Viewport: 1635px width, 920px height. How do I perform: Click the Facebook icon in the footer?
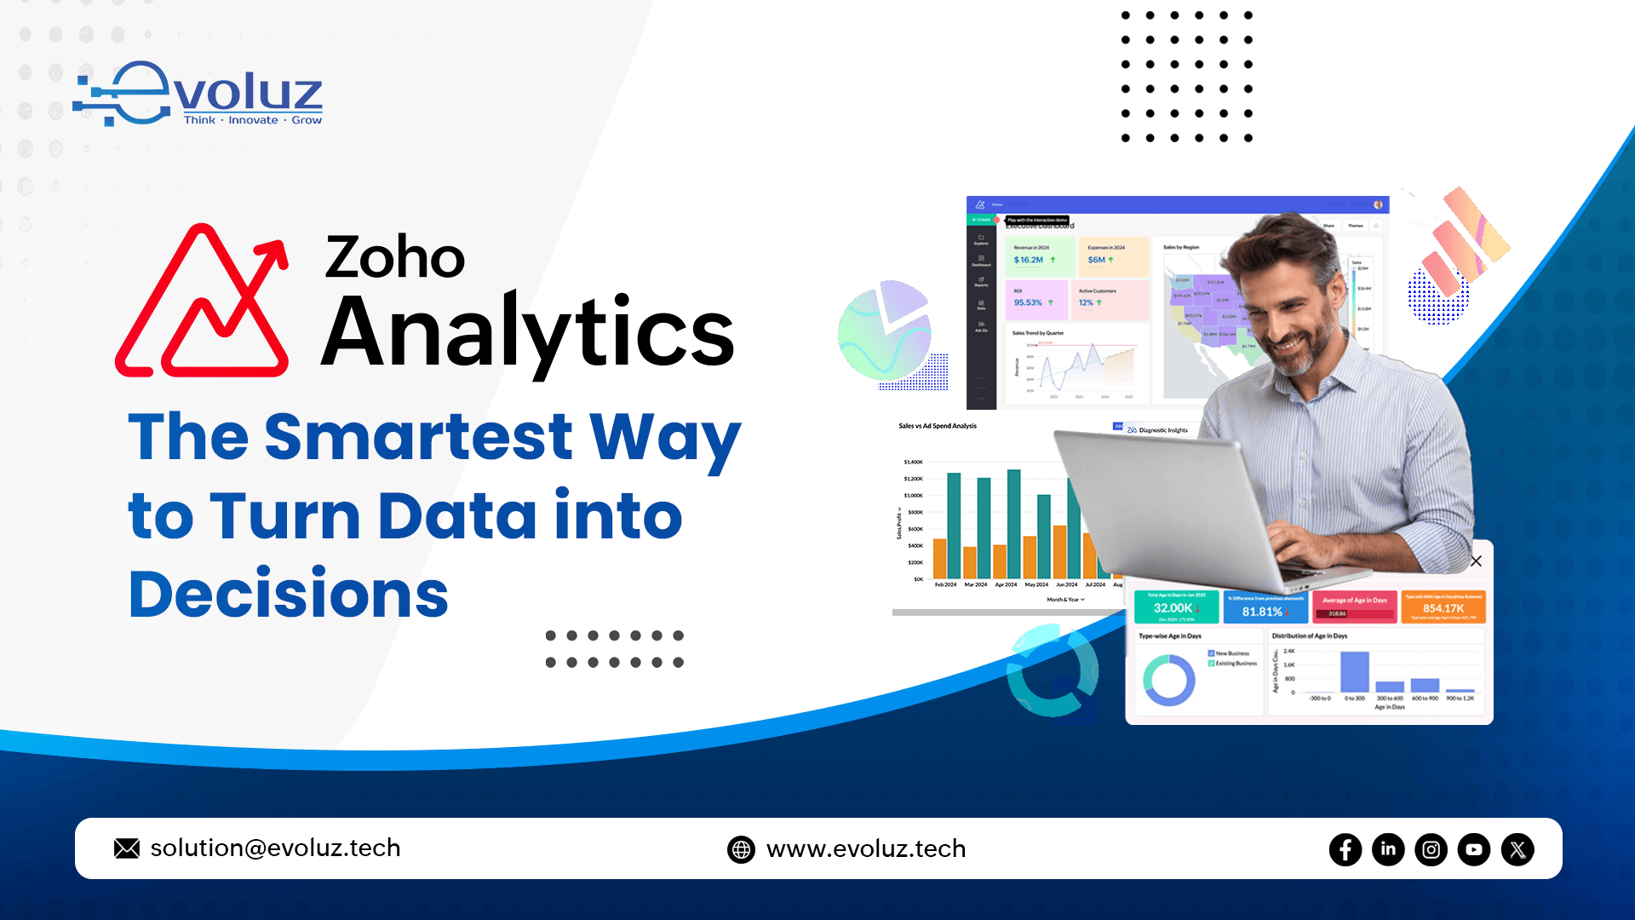(x=1345, y=849)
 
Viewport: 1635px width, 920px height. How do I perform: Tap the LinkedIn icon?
(x=1388, y=849)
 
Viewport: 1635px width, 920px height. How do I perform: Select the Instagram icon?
(x=1431, y=849)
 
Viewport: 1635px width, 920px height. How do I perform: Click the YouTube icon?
(x=1474, y=849)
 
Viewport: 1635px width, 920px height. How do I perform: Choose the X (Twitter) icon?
(x=1517, y=849)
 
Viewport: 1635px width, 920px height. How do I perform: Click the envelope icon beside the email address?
(x=127, y=848)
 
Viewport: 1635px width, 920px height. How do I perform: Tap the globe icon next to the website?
(x=741, y=849)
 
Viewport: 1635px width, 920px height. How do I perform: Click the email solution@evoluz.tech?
(x=275, y=848)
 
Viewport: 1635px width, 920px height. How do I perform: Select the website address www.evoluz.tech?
(x=866, y=849)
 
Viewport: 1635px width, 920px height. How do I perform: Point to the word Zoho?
(x=394, y=256)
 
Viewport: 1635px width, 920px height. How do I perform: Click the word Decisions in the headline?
(x=288, y=594)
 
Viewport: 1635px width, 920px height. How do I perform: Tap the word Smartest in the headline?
(x=418, y=436)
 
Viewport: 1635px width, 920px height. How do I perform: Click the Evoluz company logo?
(x=198, y=94)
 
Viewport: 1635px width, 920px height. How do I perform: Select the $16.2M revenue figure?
(x=1029, y=260)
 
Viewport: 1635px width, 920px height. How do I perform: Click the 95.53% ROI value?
(x=1028, y=302)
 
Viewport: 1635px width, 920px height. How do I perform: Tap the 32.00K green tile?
(x=1175, y=607)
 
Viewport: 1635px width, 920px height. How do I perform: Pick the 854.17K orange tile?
(x=1443, y=607)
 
